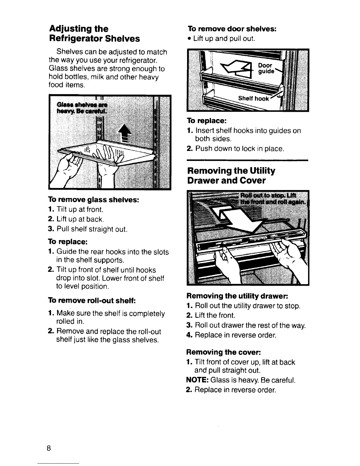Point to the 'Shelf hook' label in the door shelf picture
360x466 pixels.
click(254, 99)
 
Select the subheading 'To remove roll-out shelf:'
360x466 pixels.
click(91, 301)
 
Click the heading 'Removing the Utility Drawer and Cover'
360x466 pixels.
click(231, 175)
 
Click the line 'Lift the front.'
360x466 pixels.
click(215, 316)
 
